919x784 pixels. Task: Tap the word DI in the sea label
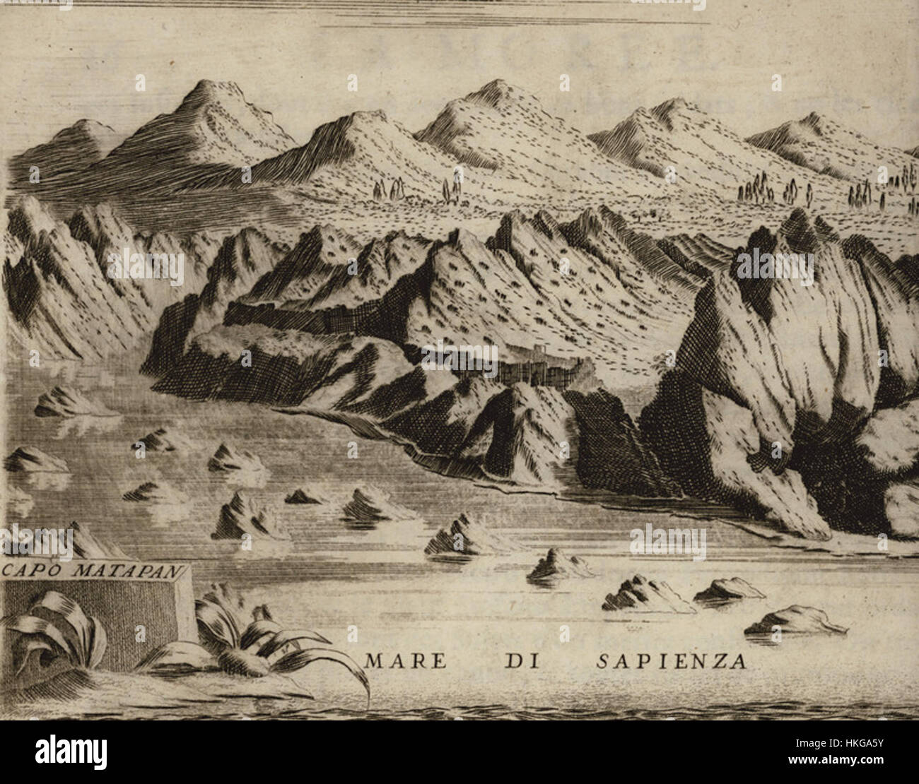click(x=520, y=662)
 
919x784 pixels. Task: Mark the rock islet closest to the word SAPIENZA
click(x=792, y=620)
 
